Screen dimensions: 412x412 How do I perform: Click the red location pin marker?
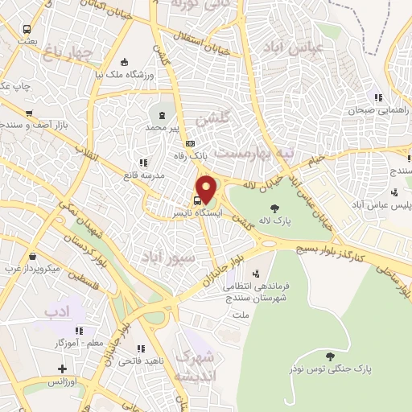click(x=207, y=189)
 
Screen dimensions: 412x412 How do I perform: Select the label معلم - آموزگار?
click(x=84, y=342)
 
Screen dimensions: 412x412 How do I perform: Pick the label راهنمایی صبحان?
click(x=373, y=110)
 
